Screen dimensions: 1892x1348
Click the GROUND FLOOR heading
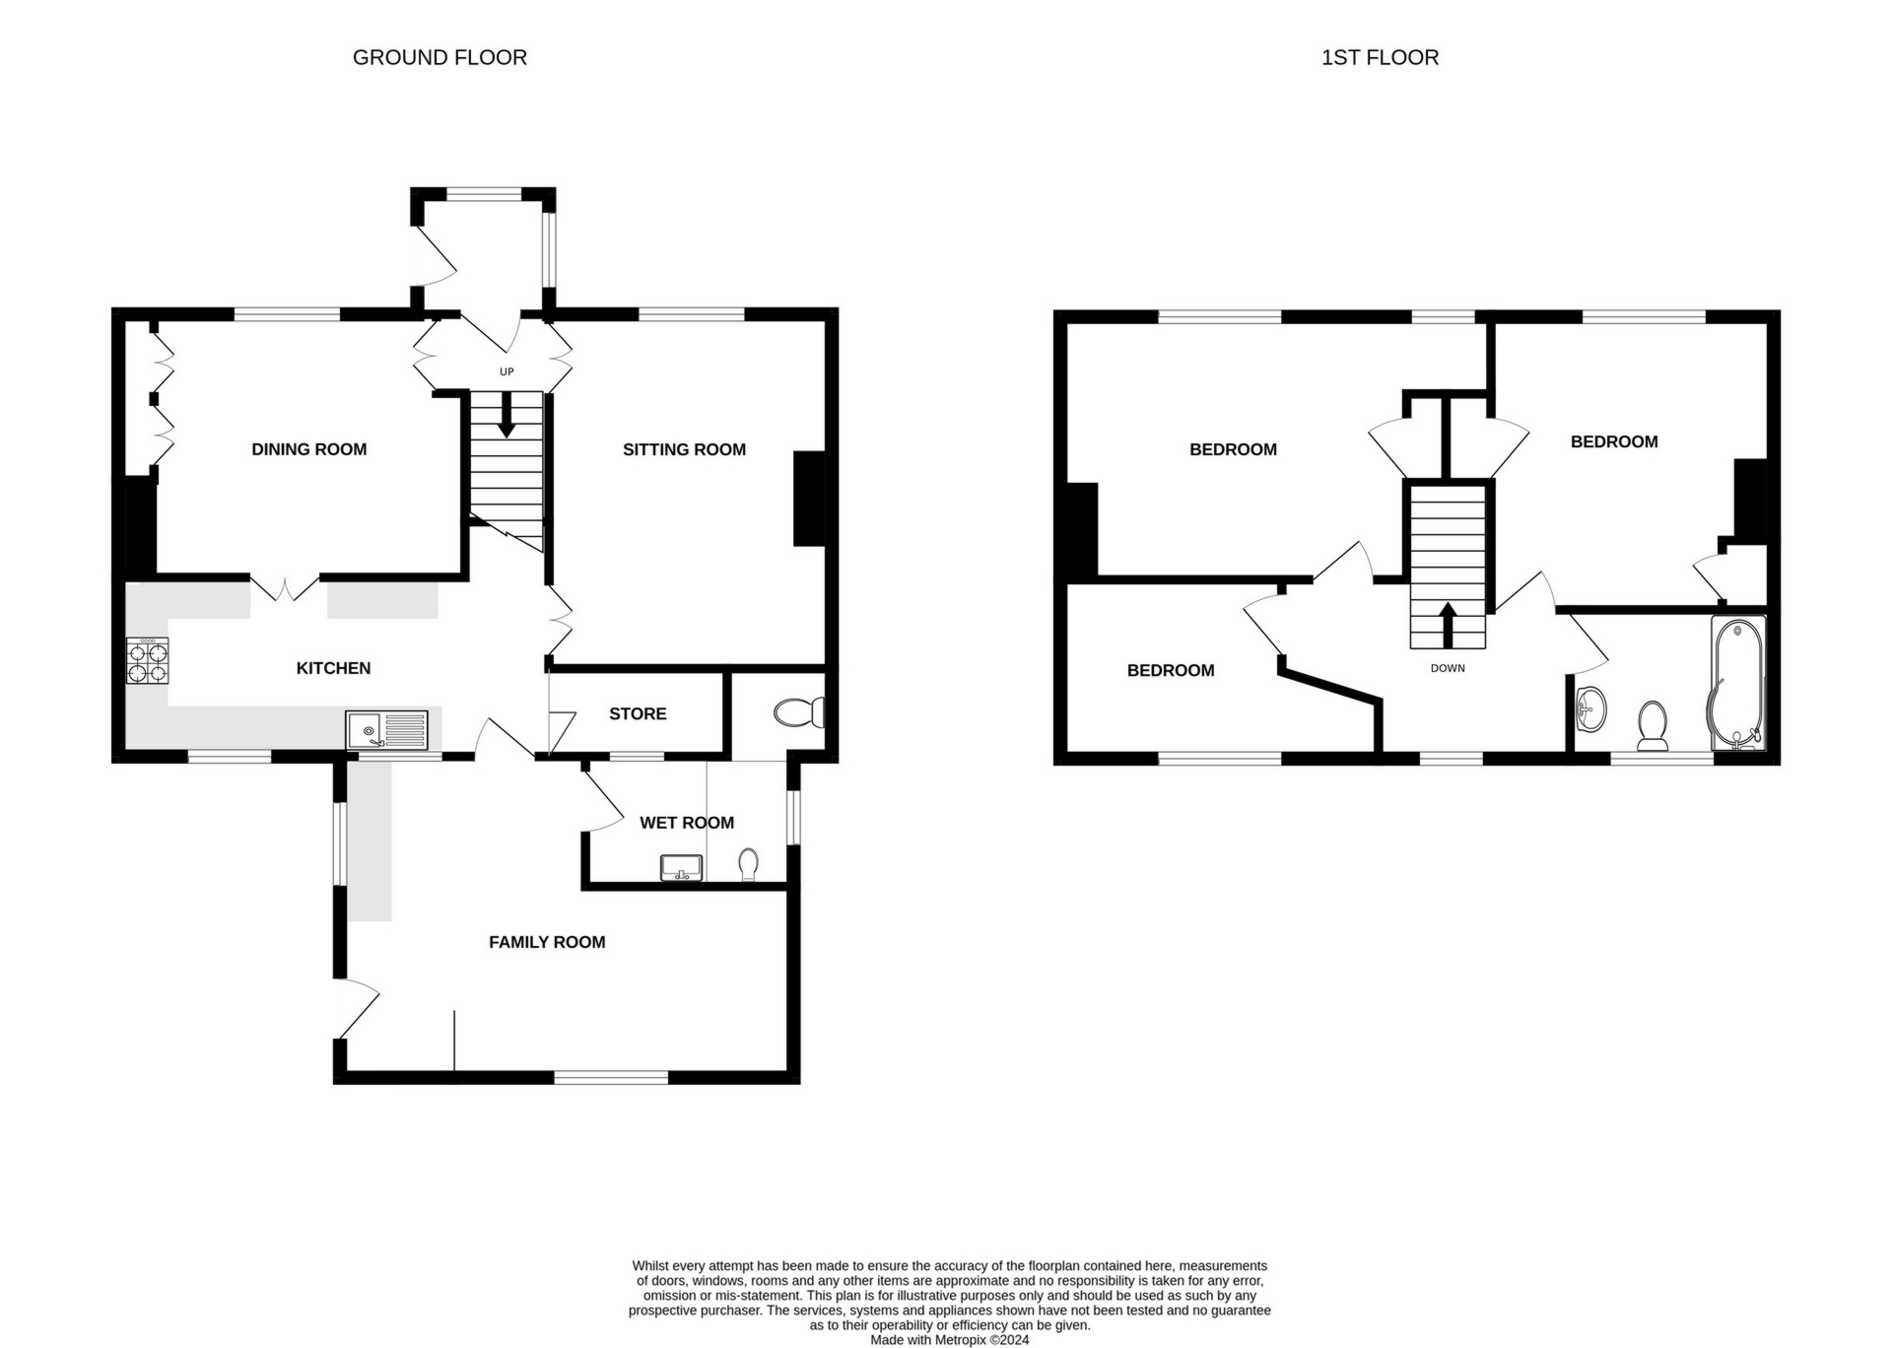tap(439, 58)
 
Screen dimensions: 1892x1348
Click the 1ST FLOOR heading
tap(1380, 58)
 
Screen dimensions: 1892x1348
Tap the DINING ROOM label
tap(309, 449)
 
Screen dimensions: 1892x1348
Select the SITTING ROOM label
tap(684, 449)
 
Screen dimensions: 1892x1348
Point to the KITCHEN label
tap(334, 668)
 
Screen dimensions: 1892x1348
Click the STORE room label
tap(638, 713)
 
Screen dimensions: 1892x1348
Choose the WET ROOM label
tap(687, 823)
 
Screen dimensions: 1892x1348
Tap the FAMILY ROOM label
tap(547, 942)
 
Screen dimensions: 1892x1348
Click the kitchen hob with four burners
tap(148, 661)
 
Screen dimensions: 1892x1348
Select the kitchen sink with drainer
tap(386, 730)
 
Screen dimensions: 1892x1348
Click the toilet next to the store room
tap(800, 712)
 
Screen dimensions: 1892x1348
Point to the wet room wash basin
tap(681, 868)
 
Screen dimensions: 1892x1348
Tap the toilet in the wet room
tap(749, 865)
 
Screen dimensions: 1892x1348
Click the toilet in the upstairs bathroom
tap(1653, 725)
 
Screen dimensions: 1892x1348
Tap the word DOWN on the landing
tap(1448, 668)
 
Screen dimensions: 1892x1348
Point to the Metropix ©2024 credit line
tap(949, 1340)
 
